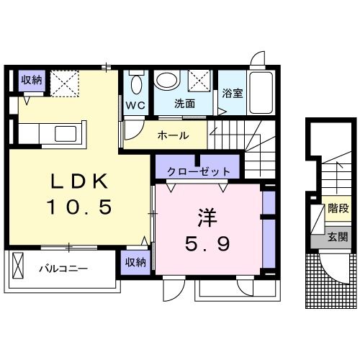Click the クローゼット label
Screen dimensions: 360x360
click(198, 172)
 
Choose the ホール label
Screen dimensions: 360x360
click(173, 135)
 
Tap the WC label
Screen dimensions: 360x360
click(136, 104)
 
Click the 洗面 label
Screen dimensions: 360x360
click(185, 104)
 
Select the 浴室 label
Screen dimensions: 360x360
click(231, 94)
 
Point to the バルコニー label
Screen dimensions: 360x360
click(63, 269)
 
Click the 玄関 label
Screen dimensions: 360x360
click(338, 237)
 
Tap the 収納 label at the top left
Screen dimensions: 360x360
click(31, 80)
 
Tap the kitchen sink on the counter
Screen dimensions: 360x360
click(66, 134)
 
